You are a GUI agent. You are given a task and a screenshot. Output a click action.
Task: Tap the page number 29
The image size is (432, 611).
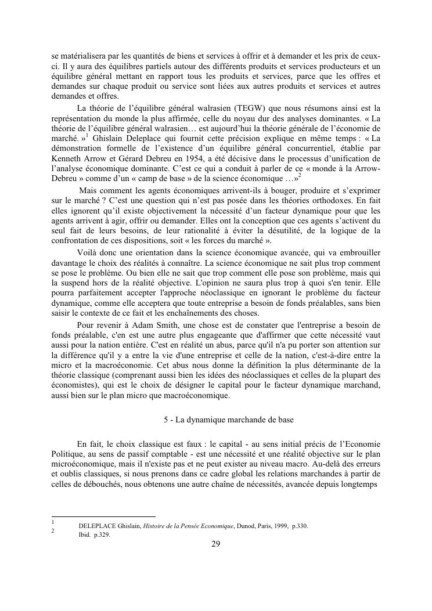pyautogui.click(x=215, y=544)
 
